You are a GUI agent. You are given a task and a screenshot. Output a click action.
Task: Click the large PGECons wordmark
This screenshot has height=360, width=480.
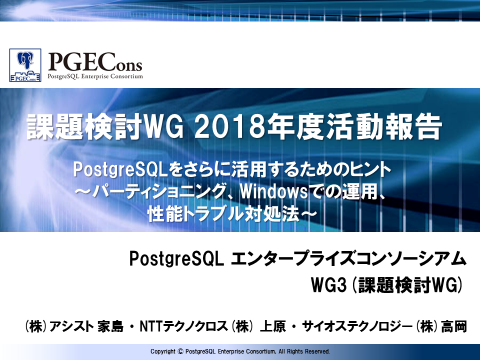click(95, 62)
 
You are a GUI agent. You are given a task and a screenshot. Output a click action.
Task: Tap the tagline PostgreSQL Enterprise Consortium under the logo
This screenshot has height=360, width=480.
click(95, 76)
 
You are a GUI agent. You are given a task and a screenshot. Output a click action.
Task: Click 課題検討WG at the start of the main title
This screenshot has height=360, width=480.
click(105, 127)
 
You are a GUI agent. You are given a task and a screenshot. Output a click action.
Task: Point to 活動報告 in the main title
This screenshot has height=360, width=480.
click(369, 127)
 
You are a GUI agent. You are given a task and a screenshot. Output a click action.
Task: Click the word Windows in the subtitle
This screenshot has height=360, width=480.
click(273, 192)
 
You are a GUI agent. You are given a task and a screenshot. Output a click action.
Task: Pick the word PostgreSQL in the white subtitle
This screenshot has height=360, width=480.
click(120, 170)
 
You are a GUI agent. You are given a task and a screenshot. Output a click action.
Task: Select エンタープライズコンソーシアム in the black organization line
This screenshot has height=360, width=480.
click(348, 259)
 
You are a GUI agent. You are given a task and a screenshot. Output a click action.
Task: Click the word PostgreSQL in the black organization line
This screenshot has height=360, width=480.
click(176, 259)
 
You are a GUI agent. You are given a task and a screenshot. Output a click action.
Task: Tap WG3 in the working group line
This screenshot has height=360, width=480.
click(328, 285)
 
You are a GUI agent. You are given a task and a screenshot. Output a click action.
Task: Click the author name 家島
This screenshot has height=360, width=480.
click(110, 326)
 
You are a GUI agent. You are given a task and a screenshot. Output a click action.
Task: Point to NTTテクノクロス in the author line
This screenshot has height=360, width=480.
click(183, 326)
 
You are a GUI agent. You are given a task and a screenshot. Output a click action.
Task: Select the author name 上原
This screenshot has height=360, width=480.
click(273, 326)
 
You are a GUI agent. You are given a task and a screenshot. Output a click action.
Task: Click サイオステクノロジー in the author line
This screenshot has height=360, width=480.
click(357, 326)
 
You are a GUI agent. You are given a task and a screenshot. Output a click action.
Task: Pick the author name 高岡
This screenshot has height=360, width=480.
click(453, 326)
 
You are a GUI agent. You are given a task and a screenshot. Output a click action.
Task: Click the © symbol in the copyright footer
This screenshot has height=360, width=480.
click(180, 351)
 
